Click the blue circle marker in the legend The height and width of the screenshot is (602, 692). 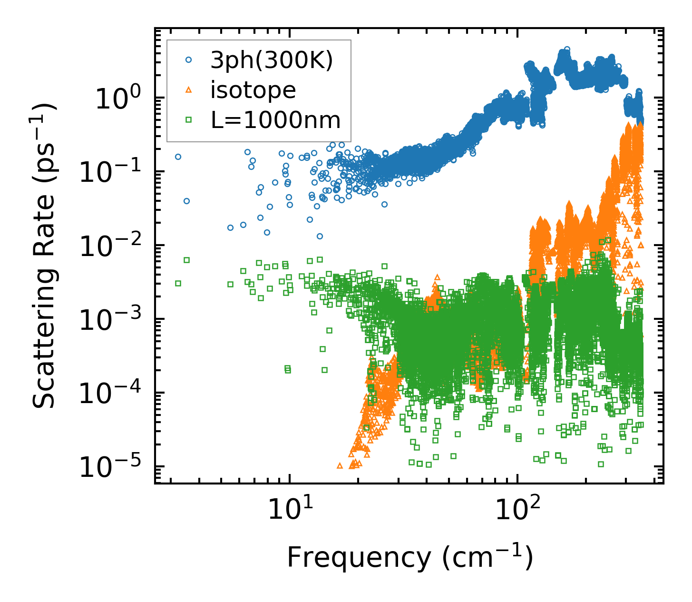[188, 60]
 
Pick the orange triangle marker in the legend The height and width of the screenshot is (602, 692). [188, 90]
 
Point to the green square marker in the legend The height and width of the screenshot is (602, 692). [188, 120]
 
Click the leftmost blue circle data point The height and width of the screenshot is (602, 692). [178, 157]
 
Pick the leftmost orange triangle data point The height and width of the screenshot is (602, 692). [340, 465]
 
